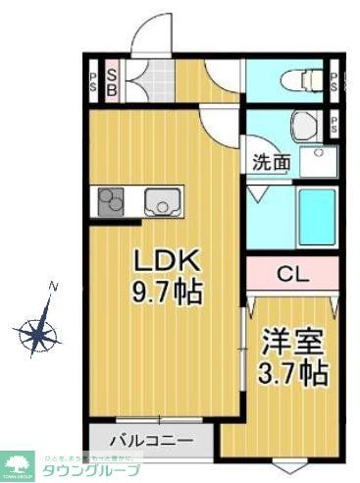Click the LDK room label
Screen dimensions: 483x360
click(167, 260)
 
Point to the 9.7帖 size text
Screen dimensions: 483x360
click(167, 291)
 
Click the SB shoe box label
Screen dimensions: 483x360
click(112, 82)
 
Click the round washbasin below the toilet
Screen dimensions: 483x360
click(303, 125)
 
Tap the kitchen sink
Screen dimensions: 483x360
click(159, 203)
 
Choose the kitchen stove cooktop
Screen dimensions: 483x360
click(108, 202)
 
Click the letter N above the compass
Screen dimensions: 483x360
click(54, 287)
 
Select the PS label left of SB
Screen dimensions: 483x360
click(92, 82)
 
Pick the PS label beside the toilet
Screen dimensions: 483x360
click(334, 82)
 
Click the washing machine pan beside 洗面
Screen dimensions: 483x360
click(317, 161)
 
